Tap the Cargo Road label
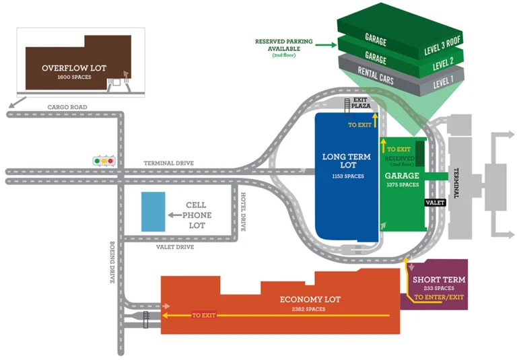click(67, 107)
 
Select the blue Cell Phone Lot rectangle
click(152, 212)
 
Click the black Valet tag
click(436, 202)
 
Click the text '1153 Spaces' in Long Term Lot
click(347, 176)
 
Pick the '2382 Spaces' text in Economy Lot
click(309, 309)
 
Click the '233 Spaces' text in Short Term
click(438, 288)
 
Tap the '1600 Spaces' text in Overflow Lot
click(74, 77)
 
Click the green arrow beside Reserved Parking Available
click(325, 45)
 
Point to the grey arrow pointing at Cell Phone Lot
click(176, 215)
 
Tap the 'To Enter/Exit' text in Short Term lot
click(438, 297)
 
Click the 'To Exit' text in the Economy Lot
click(203, 315)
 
